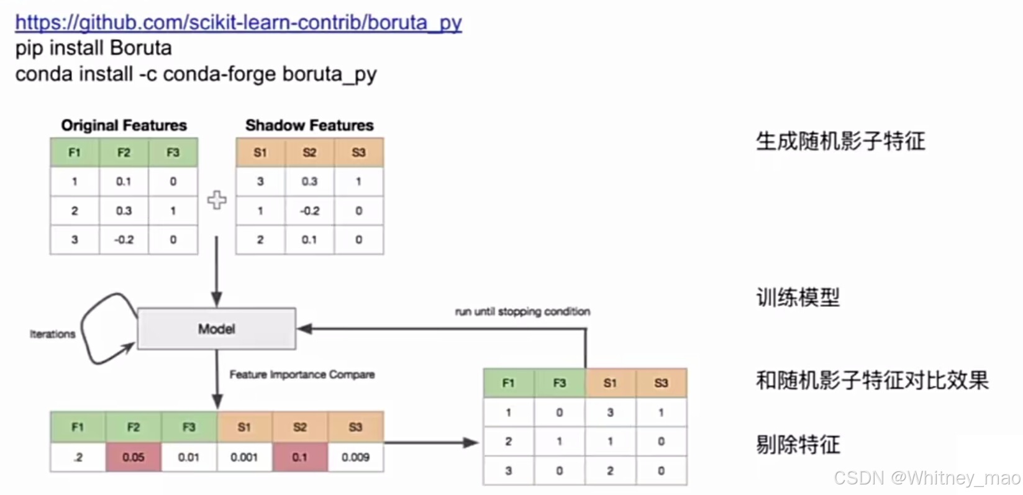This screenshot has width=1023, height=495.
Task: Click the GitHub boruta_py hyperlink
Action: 238,22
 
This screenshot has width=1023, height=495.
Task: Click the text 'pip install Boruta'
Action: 93,48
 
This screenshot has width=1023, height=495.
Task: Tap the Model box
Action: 216,329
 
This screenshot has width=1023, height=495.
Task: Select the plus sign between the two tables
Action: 216,200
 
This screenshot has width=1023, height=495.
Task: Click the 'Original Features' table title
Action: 124,125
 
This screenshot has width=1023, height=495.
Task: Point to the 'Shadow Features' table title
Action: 309,125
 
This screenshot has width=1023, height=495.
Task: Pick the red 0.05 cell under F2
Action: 133,457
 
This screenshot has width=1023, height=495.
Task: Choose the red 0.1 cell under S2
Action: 299,457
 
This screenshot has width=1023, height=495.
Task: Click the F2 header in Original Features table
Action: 124,152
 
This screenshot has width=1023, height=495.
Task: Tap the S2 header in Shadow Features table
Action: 309,152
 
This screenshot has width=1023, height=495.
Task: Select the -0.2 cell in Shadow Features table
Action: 309,211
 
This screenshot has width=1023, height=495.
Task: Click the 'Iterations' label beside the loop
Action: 52,334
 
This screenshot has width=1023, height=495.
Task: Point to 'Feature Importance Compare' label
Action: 302,375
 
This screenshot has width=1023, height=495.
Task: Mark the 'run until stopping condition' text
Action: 522,311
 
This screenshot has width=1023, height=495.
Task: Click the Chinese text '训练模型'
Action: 798,297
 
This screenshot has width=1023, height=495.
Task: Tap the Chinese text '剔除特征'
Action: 798,445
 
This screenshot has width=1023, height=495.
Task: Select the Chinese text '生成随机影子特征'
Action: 840,142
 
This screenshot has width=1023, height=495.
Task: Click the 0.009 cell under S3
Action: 355,457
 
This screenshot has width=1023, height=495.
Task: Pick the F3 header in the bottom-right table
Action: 559,383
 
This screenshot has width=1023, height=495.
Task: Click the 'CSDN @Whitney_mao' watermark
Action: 927,478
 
